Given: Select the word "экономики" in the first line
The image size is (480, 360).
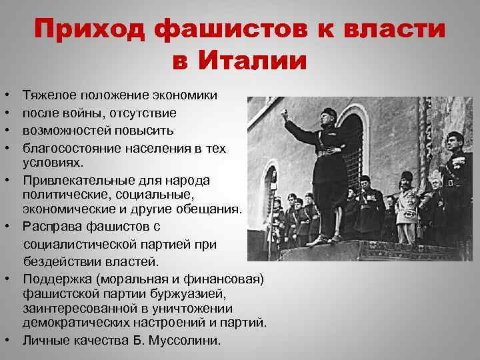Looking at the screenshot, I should click(183, 96).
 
